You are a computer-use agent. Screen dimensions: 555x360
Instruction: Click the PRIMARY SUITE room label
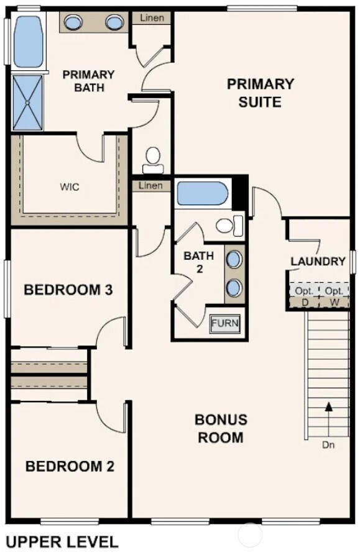click(260, 92)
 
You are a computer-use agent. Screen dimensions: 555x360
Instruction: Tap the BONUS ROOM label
click(221, 428)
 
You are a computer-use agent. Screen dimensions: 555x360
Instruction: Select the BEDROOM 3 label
click(68, 290)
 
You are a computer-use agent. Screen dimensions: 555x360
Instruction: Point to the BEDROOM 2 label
click(70, 466)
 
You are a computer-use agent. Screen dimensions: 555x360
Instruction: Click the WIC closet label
click(70, 186)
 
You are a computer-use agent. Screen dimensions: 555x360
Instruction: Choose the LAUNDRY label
click(318, 262)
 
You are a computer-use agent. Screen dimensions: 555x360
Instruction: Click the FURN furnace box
click(224, 324)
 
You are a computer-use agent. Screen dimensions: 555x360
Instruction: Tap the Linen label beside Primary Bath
click(152, 18)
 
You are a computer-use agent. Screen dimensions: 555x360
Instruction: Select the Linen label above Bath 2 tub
click(150, 185)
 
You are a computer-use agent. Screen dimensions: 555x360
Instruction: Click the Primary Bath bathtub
click(28, 42)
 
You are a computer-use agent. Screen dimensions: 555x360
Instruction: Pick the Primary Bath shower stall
click(28, 103)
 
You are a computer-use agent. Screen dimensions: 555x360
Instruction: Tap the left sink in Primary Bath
click(74, 23)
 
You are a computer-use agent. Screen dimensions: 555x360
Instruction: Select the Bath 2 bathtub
click(203, 194)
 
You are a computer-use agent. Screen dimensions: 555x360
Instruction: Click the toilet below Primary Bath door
click(153, 161)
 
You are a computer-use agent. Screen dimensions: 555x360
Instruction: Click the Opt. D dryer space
click(305, 296)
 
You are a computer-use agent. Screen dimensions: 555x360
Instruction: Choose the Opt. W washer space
click(335, 296)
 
